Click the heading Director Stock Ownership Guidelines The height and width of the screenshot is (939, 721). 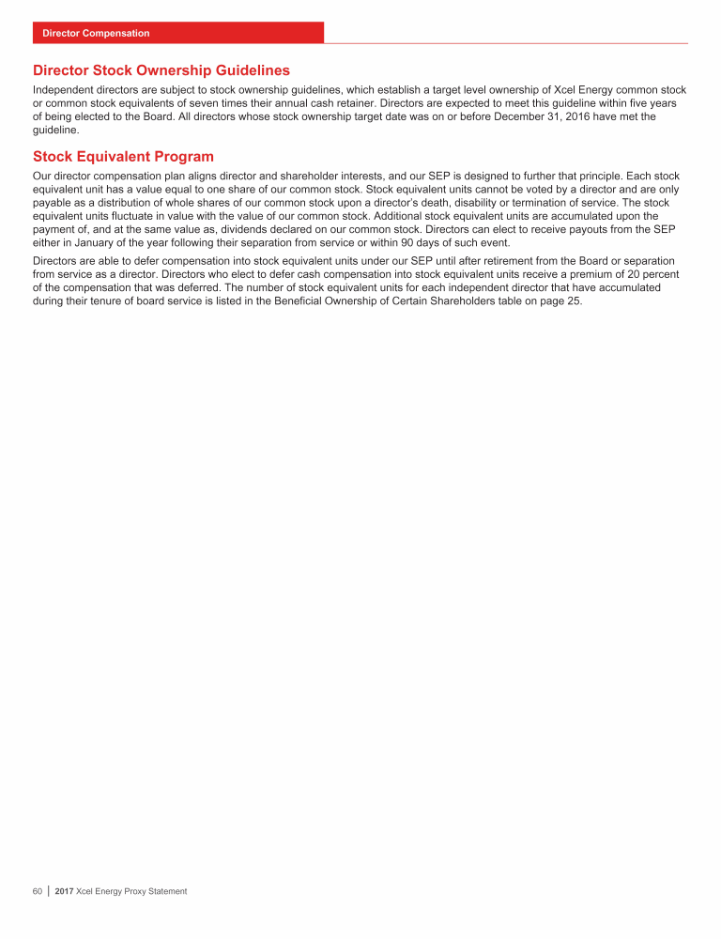point(161,70)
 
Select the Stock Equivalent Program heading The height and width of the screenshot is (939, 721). point(123,157)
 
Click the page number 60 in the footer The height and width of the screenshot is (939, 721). point(38,891)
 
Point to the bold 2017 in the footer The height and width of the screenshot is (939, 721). point(66,891)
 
